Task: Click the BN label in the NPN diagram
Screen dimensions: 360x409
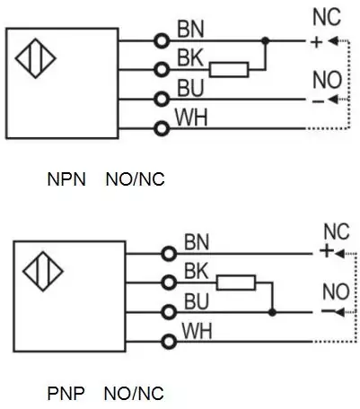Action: click(190, 29)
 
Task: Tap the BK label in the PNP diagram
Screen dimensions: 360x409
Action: click(197, 271)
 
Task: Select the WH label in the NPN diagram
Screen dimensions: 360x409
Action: click(191, 117)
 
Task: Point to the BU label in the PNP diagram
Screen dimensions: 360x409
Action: click(197, 301)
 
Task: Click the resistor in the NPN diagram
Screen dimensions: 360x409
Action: click(229, 70)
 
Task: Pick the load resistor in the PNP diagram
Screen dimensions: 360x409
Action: click(236, 283)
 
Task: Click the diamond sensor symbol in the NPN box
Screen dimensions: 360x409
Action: click(36, 58)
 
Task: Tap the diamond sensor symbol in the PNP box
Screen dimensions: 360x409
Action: click(43, 271)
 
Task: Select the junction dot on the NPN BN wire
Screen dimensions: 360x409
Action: click(265, 40)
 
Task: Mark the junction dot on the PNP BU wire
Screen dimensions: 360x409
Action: click(272, 312)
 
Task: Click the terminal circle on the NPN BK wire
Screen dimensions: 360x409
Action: click(162, 70)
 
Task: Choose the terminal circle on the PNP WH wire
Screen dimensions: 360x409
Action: click(169, 342)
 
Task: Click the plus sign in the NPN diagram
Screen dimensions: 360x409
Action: click(316, 42)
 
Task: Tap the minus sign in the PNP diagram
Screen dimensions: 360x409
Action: click(327, 311)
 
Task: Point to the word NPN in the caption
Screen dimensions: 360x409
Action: click(66, 179)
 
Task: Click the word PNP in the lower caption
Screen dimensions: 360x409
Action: click(66, 393)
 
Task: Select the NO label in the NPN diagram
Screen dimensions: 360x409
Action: click(327, 80)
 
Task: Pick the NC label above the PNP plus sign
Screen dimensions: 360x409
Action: click(337, 231)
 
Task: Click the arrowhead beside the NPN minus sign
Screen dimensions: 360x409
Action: click(332, 100)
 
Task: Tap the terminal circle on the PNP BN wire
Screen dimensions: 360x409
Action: click(169, 254)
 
